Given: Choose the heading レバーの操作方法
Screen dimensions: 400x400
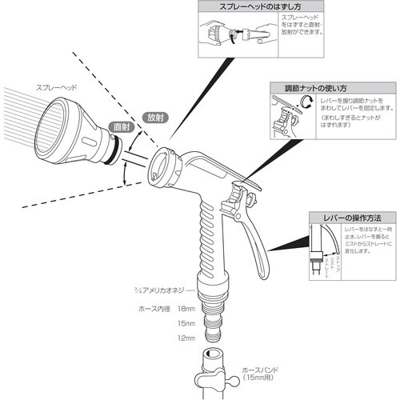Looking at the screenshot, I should pyautogui.click(x=346, y=217).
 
